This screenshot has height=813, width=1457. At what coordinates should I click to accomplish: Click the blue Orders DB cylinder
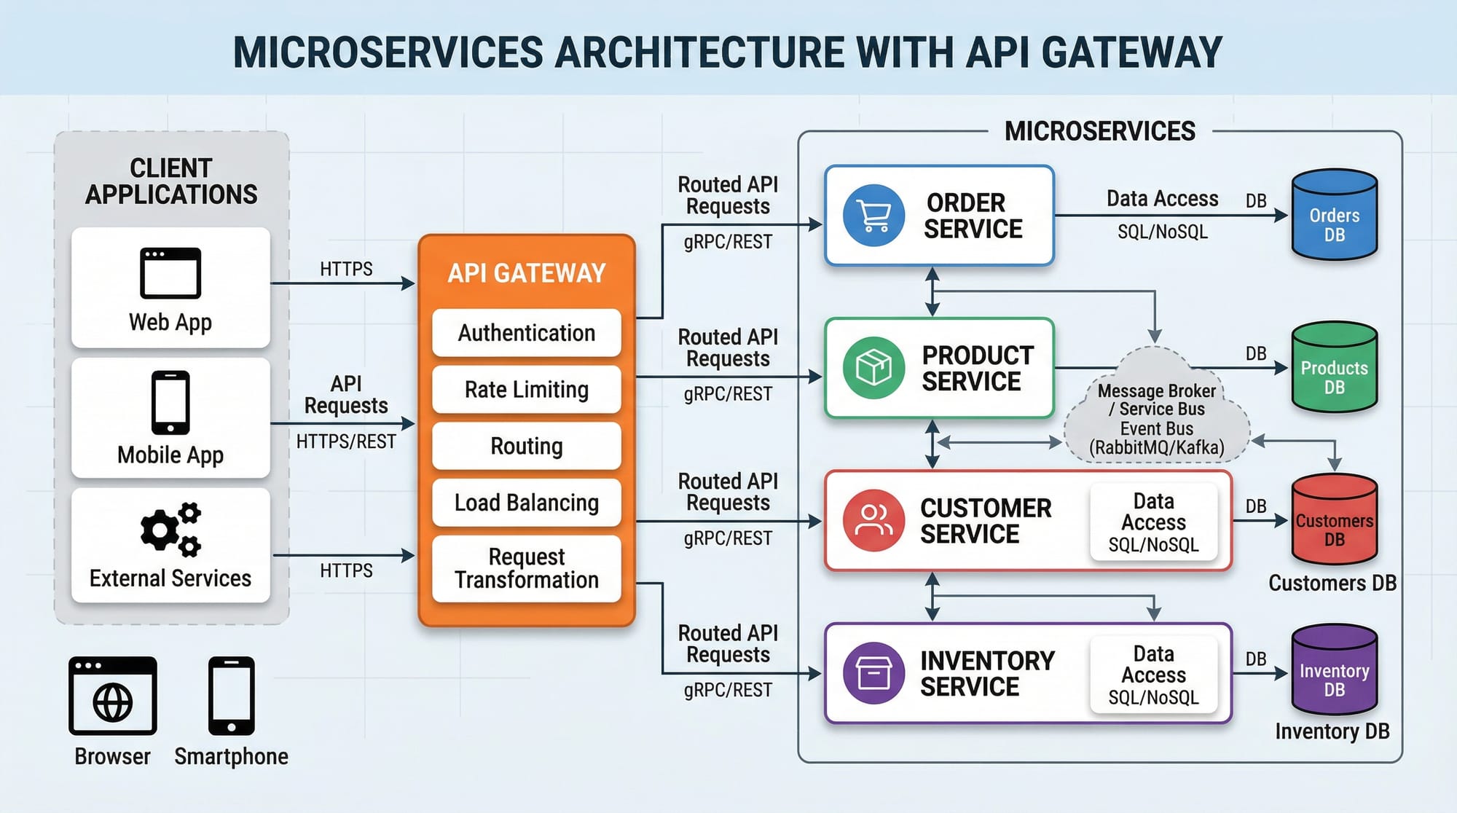tap(1334, 216)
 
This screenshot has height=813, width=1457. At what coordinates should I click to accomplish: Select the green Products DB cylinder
tap(1334, 368)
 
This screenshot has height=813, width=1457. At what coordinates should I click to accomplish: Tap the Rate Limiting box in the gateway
tap(526, 390)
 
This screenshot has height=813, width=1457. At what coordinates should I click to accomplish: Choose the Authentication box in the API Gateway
tap(526, 333)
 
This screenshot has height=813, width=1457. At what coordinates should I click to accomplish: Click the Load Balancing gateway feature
tap(526, 503)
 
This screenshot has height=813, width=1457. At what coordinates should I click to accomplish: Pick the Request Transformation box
tap(526, 568)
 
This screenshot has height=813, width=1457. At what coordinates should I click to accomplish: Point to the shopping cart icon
tap(873, 216)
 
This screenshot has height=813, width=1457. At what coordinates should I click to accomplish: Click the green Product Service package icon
tap(873, 368)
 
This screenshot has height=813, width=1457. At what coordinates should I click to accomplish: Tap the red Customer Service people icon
tap(873, 520)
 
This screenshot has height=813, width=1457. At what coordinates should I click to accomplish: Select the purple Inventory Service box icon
tap(873, 672)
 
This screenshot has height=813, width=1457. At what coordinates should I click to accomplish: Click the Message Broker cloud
tap(1156, 412)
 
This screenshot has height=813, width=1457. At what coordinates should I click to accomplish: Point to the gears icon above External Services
tap(170, 530)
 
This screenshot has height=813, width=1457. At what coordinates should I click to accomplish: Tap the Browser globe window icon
tap(113, 696)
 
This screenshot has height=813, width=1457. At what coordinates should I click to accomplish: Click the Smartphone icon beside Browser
tap(231, 696)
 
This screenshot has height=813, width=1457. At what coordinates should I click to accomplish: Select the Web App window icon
tap(170, 273)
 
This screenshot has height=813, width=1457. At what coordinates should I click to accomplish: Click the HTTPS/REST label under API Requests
tap(346, 441)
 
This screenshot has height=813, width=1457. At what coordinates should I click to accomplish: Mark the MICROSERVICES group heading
tap(1099, 132)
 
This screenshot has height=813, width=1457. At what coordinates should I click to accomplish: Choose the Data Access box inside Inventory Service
tap(1153, 675)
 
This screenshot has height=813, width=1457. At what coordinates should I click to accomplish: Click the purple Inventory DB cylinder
tap(1334, 671)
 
